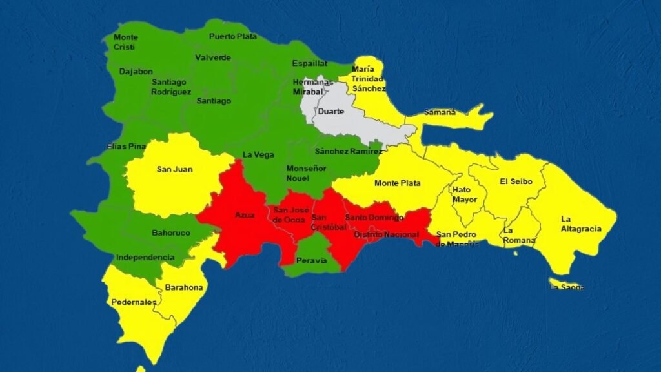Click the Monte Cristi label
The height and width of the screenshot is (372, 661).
[125, 42]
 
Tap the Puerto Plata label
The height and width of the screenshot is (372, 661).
[232, 37]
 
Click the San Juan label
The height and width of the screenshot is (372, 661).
[174, 170]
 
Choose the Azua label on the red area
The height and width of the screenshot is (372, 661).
[245, 214]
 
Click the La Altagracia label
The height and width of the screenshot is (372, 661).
[580, 223]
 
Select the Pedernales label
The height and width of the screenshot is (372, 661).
[134, 302]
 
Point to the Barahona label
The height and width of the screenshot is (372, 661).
[183, 287]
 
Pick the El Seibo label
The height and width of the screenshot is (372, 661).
[516, 181]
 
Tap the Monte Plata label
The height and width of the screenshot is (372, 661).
[397, 183]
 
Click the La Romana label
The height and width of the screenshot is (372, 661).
[519, 235]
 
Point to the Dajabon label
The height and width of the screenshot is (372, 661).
[136, 72]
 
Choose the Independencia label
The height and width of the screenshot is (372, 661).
[145, 257]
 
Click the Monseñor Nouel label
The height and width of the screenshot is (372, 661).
[302, 172]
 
